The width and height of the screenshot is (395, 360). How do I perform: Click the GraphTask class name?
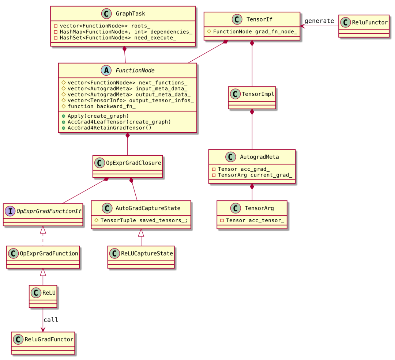130,14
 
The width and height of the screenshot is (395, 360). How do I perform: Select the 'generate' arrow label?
319,21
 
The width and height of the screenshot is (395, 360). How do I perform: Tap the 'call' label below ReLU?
51,320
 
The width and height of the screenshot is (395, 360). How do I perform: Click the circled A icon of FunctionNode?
106,71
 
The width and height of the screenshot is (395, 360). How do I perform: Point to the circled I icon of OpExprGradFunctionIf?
10,211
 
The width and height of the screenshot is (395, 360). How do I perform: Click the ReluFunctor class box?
364,26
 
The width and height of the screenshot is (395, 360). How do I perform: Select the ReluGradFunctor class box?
43,343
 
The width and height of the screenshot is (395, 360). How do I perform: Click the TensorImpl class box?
252,98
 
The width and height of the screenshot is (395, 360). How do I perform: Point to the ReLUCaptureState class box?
141,257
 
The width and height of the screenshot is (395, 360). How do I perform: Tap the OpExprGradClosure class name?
133,163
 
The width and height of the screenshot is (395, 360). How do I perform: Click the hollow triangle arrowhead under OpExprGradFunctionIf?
43,230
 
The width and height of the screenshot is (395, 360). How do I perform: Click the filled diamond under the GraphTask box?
124,49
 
